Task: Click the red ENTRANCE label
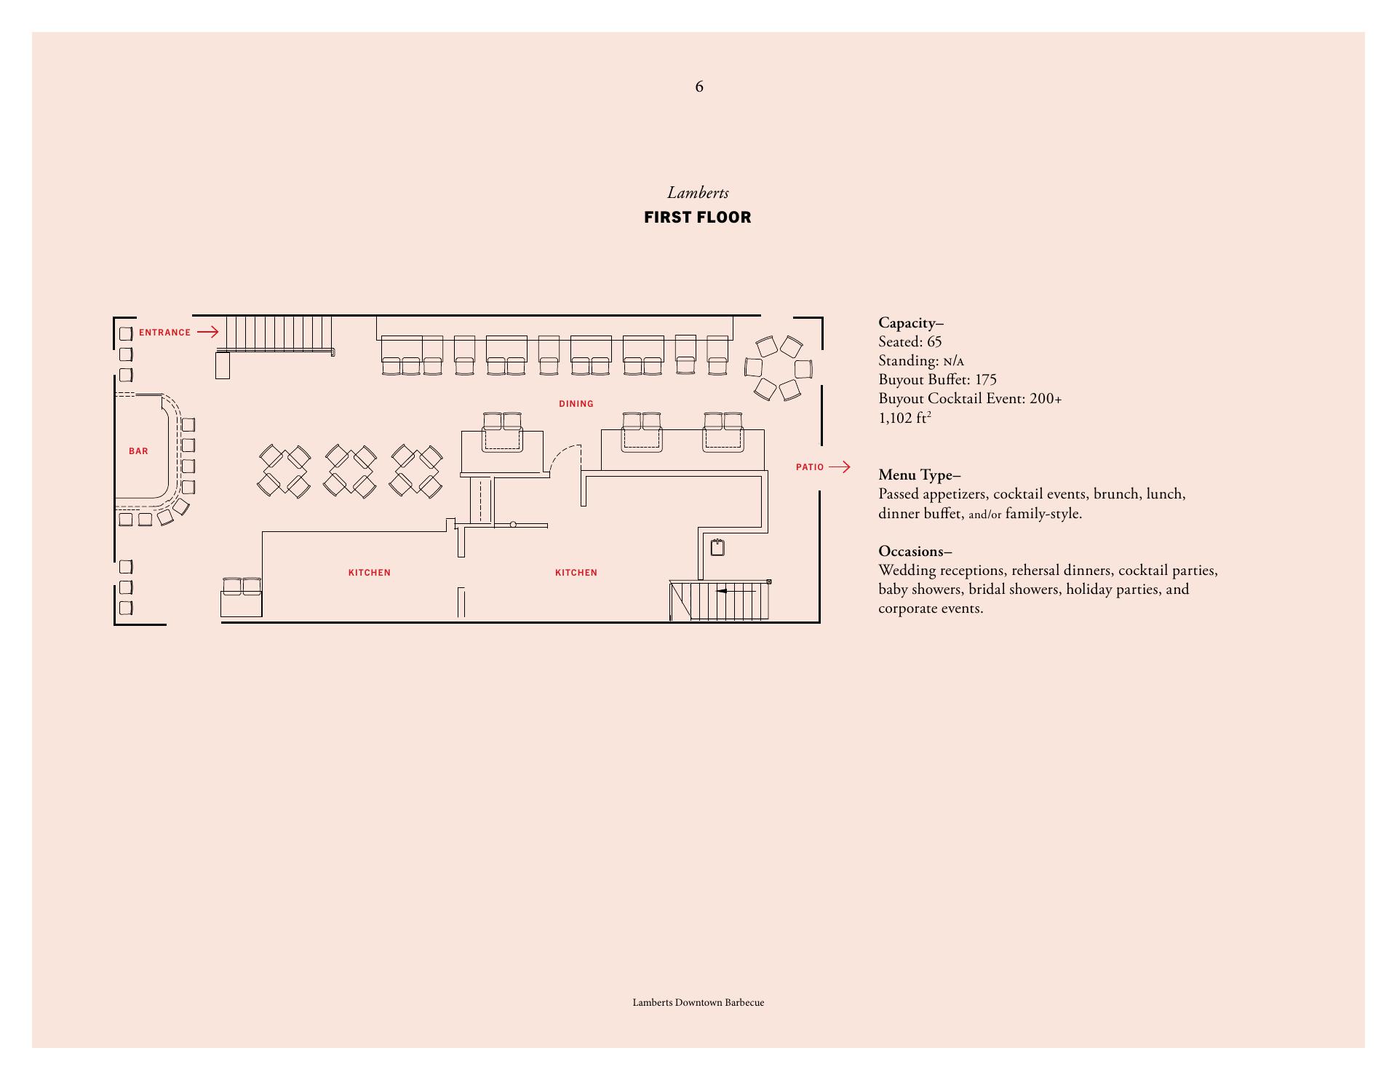click(x=164, y=333)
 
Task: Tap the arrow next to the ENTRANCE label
click(x=208, y=333)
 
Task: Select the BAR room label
click(x=138, y=451)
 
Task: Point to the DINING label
click(x=576, y=404)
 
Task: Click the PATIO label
click(x=809, y=467)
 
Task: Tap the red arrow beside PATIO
click(x=840, y=467)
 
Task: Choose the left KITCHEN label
click(x=370, y=573)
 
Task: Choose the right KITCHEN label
click(x=576, y=573)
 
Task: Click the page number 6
click(x=699, y=87)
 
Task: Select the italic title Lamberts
click(x=698, y=193)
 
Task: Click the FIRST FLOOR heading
click(x=698, y=218)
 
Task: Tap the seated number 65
click(x=934, y=342)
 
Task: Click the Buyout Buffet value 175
click(x=986, y=380)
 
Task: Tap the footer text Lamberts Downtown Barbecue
click(x=698, y=1003)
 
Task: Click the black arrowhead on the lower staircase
click(x=722, y=591)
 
